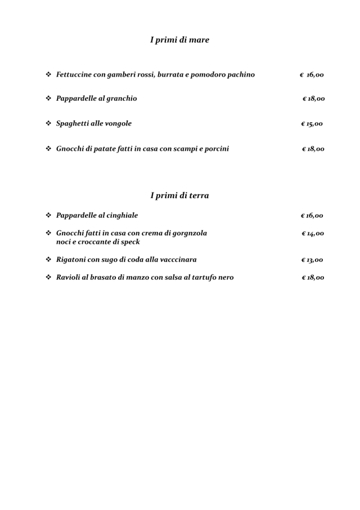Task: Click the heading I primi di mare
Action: pos(179,40)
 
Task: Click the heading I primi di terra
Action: pos(179,195)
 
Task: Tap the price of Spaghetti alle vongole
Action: pos(312,124)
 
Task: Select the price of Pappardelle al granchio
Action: pos(313,99)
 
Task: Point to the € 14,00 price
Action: pos(312,234)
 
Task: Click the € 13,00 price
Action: pos(312,260)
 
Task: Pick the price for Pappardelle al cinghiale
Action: pos(312,216)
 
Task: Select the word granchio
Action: pos(118,99)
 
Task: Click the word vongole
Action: pos(117,124)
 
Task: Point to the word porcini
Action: pos(215,149)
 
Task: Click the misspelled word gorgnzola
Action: pos(187,233)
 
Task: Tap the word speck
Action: pos(129,242)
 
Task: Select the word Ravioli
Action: pos(69,278)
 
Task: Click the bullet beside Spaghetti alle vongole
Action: pos(48,123)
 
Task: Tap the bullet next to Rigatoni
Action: pos(48,260)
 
